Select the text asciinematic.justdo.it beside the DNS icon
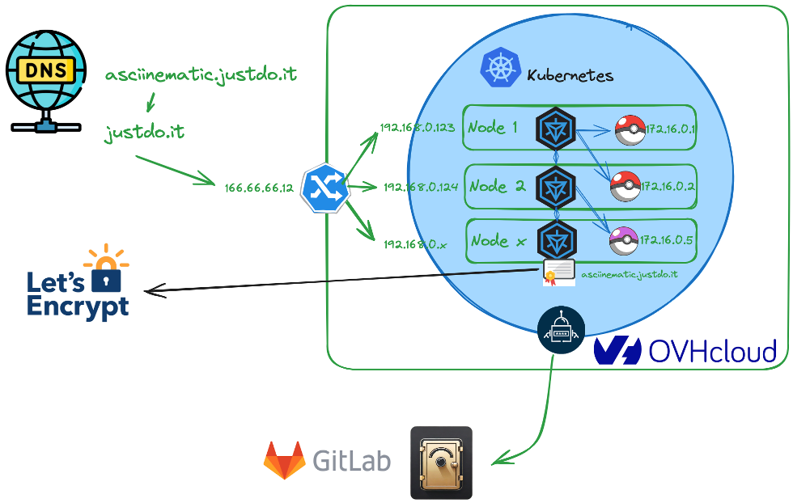[201, 75]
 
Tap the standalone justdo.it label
[144, 132]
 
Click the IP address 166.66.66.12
[259, 188]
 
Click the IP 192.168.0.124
[421, 187]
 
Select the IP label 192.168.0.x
[414, 243]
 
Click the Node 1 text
[493, 127]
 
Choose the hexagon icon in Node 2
[556, 185]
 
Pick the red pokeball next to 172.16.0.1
[630, 129]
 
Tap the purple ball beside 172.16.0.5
[623, 240]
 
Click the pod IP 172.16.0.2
[669, 187]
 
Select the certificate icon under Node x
[558, 274]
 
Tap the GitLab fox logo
[283, 460]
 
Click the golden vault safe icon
[441, 463]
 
